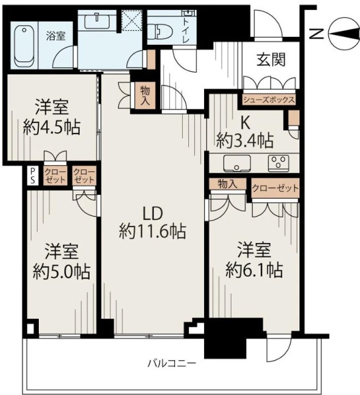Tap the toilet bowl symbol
coord(159,32)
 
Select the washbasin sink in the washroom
coord(97,21)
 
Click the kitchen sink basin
coord(237,163)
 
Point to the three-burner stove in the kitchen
coord(278,163)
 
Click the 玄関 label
coord(270,60)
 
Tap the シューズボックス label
coord(269,100)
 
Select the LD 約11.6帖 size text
coord(153,223)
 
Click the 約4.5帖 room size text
coord(51,128)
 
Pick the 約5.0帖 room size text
coord(61,271)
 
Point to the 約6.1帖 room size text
coord(254,270)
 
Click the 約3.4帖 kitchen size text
coord(245,141)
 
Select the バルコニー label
coord(172,363)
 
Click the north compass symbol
coord(344,34)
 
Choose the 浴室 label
coord(56,36)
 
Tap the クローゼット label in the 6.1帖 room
coord(275,188)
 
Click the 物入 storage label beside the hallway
coord(145,95)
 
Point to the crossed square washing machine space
coord(132,20)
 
